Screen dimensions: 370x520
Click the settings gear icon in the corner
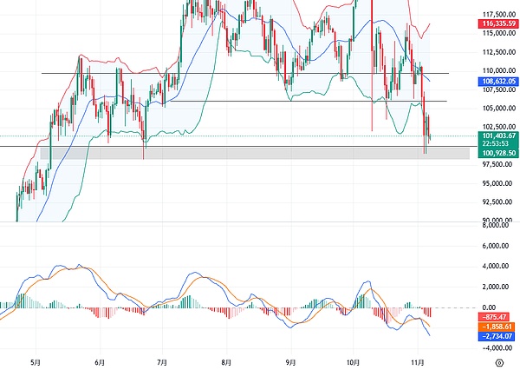pos(498,360)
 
